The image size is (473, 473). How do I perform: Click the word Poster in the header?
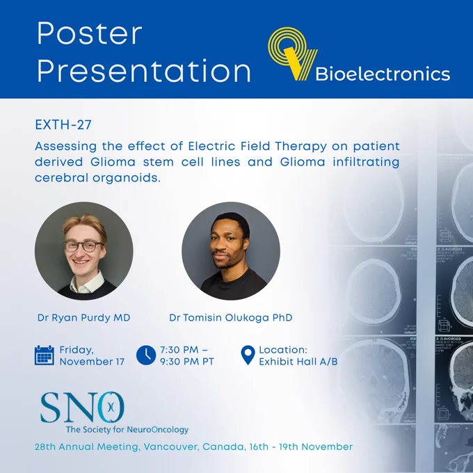point(89,33)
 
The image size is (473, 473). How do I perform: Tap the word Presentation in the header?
point(143,71)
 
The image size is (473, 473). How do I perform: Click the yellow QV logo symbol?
point(293,54)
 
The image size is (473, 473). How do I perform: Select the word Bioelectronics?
point(383,74)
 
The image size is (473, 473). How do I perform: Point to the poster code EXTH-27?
point(63,125)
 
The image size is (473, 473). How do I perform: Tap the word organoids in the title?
point(127,178)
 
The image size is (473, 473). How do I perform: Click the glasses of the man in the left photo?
point(83,246)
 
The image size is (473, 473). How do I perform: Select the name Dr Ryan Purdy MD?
point(84,318)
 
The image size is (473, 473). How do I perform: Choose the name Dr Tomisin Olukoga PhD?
point(231,318)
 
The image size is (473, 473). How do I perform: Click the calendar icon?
point(45,355)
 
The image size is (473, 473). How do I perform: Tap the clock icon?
point(146,355)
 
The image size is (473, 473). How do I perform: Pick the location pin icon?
point(248,355)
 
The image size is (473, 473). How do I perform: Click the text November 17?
point(92,362)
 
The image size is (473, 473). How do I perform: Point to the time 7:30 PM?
point(179,350)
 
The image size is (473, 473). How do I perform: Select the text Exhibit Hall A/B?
point(298,362)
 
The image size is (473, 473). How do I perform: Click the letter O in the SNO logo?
point(111,407)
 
